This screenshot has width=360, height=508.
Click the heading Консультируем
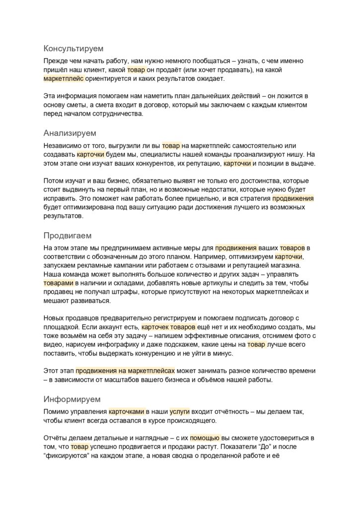(73, 49)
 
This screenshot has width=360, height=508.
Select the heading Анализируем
(70, 133)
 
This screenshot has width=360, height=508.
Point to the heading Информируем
(72, 399)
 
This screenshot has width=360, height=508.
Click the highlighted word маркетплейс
(64, 79)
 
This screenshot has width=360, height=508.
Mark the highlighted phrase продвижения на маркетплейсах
(125, 371)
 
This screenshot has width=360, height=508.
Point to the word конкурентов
(138, 163)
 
